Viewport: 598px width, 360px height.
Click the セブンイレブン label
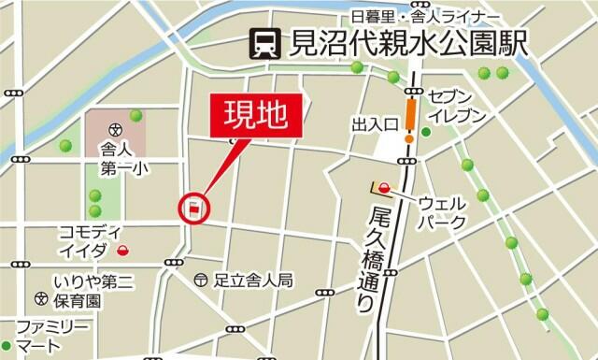(x=457, y=106)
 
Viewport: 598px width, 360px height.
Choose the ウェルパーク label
(x=441, y=210)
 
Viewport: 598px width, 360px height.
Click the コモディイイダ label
(x=89, y=240)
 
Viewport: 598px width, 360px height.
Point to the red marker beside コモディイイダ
(x=123, y=250)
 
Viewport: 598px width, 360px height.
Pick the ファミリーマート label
(x=52, y=335)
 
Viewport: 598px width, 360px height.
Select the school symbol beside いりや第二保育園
(x=41, y=299)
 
